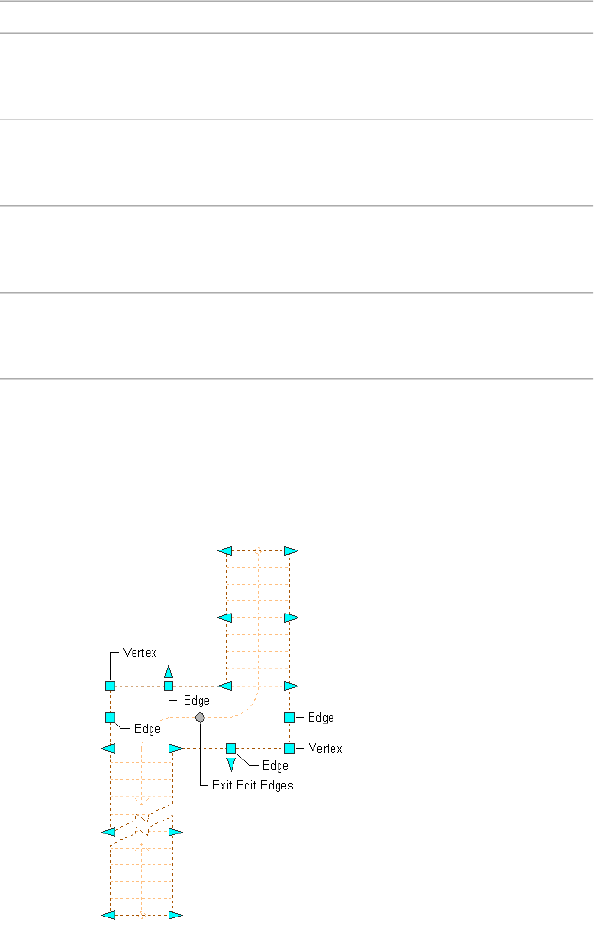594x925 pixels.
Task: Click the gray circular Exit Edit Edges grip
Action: pyautogui.click(x=200, y=717)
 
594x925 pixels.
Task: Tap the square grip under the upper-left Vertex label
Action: pyautogui.click(x=110, y=686)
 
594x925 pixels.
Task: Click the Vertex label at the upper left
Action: pyautogui.click(x=140, y=652)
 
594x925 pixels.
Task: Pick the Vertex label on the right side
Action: pyautogui.click(x=325, y=748)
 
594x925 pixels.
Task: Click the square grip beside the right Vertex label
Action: pyautogui.click(x=289, y=748)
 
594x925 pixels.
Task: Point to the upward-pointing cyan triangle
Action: pyautogui.click(x=169, y=671)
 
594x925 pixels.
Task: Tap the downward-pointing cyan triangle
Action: pyautogui.click(x=231, y=762)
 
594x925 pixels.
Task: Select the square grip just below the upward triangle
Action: pyautogui.click(x=169, y=686)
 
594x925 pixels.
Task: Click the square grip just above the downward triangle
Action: pyautogui.click(x=231, y=748)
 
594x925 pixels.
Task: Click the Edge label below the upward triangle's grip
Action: pyautogui.click(x=196, y=700)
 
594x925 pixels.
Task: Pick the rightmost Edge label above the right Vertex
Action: pyautogui.click(x=321, y=717)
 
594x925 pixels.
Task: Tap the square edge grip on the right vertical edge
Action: pyautogui.click(x=289, y=717)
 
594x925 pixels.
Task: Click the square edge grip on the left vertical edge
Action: pyautogui.click(x=110, y=717)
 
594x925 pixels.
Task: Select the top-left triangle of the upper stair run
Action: pyautogui.click(x=224, y=550)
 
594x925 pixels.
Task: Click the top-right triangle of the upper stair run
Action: pyautogui.click(x=291, y=550)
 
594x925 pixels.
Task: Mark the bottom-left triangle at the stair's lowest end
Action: pyautogui.click(x=108, y=914)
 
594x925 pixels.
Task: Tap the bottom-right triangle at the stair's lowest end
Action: pyautogui.click(x=175, y=914)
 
